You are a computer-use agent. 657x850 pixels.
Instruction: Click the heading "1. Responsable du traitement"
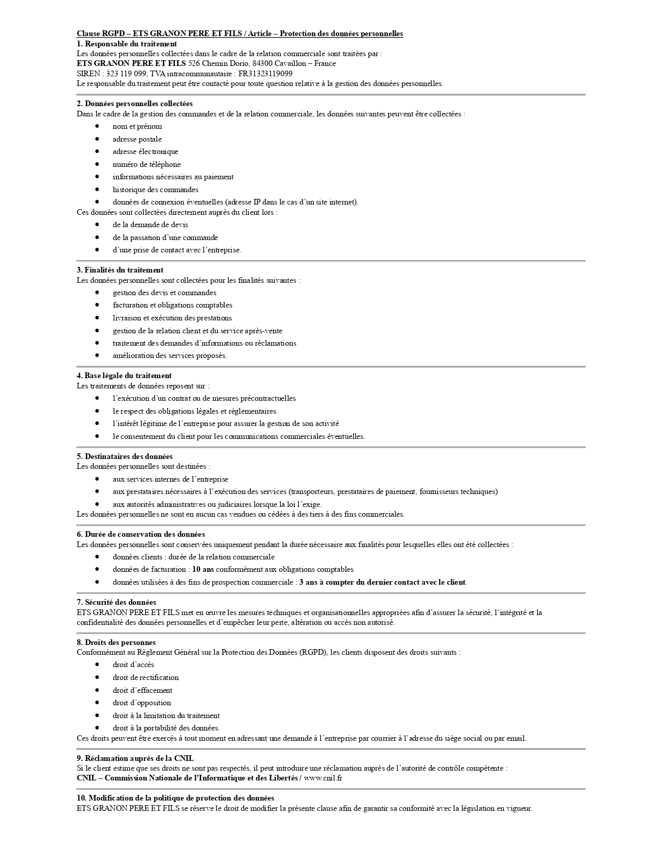point(127,44)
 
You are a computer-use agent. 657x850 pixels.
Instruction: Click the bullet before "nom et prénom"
point(97,126)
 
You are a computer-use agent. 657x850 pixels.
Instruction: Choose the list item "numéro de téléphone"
point(146,164)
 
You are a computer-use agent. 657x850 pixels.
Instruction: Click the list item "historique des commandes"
point(155,190)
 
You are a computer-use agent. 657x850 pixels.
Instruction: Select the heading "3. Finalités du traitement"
point(120,270)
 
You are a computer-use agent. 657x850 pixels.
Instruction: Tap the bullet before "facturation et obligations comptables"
point(97,305)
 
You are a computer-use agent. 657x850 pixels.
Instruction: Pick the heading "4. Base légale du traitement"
point(124,376)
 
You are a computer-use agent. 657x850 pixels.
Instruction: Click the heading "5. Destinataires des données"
point(125,456)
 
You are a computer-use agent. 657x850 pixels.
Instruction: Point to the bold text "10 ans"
point(203,569)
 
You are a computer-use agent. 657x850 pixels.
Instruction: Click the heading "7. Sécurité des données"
point(116,602)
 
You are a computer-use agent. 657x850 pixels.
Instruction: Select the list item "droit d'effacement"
point(142,690)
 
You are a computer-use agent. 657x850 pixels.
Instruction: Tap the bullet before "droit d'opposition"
point(97,703)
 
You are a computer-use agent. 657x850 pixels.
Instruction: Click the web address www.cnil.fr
point(323,778)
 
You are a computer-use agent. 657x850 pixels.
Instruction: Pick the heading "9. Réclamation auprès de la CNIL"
point(135,758)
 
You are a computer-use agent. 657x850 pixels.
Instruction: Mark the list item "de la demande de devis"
point(150,225)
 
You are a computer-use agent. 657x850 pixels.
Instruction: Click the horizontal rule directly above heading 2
point(331,95)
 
